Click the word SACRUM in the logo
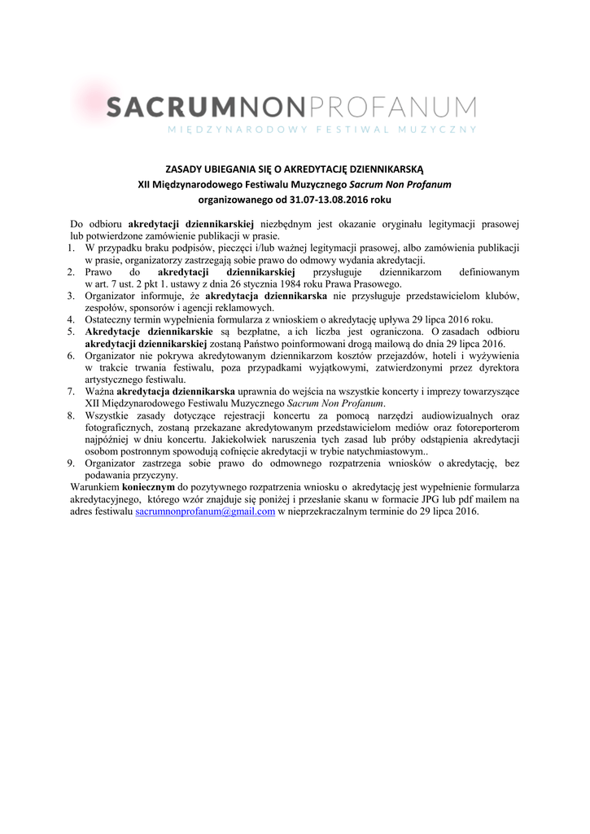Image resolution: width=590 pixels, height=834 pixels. coord(164,106)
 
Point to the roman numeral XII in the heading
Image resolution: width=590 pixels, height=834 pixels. coord(144,184)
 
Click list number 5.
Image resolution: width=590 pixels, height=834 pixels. coord(72,332)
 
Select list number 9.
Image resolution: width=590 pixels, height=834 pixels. coord(72,463)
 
